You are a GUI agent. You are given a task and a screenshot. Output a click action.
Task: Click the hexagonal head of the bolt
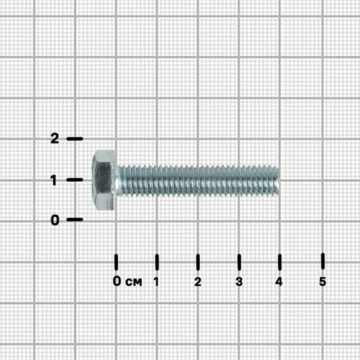pyautogui.click(x=104, y=180)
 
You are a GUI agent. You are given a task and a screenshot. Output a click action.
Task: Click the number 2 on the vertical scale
pyautogui.click(x=55, y=139)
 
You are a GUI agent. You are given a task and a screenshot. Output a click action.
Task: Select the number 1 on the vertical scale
pyautogui.click(x=54, y=180)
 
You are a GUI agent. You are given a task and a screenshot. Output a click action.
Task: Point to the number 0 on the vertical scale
pyautogui.click(x=55, y=220)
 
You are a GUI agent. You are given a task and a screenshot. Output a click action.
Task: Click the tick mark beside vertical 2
pyautogui.click(x=74, y=139)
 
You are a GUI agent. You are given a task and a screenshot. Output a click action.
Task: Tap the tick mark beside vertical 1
pyautogui.click(x=74, y=179)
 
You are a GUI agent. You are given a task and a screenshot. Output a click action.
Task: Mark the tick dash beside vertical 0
pyautogui.click(x=74, y=220)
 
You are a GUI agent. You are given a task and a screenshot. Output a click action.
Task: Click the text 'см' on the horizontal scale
pyautogui.click(x=134, y=282)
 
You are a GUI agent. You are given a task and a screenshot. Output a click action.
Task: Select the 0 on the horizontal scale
pyautogui.click(x=117, y=281)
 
